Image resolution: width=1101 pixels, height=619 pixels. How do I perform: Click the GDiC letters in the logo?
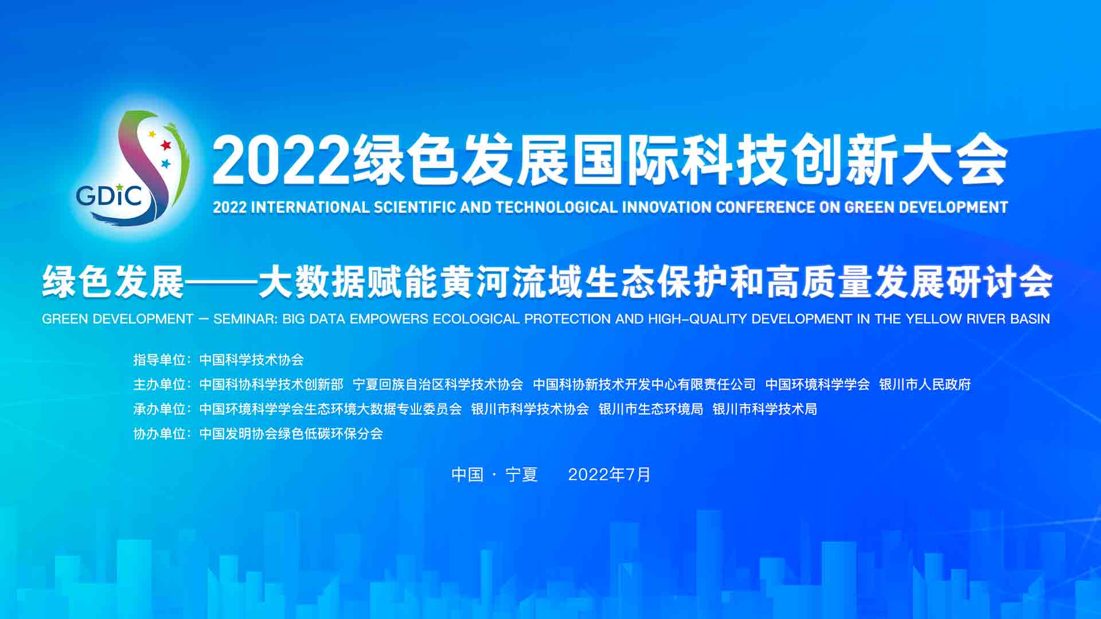click(x=109, y=196)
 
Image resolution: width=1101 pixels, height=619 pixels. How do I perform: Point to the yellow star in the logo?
click(x=152, y=134)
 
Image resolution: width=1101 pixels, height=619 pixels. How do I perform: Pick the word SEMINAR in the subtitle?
click(x=245, y=319)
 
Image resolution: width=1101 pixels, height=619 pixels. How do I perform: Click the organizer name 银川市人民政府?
click(x=925, y=384)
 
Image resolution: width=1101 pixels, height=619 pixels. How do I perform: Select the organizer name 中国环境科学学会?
click(x=818, y=384)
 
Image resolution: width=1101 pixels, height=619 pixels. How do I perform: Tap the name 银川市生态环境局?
click(x=651, y=409)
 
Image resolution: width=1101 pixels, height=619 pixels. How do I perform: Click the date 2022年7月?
click(x=610, y=475)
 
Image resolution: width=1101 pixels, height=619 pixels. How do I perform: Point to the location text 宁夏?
click(x=521, y=475)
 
